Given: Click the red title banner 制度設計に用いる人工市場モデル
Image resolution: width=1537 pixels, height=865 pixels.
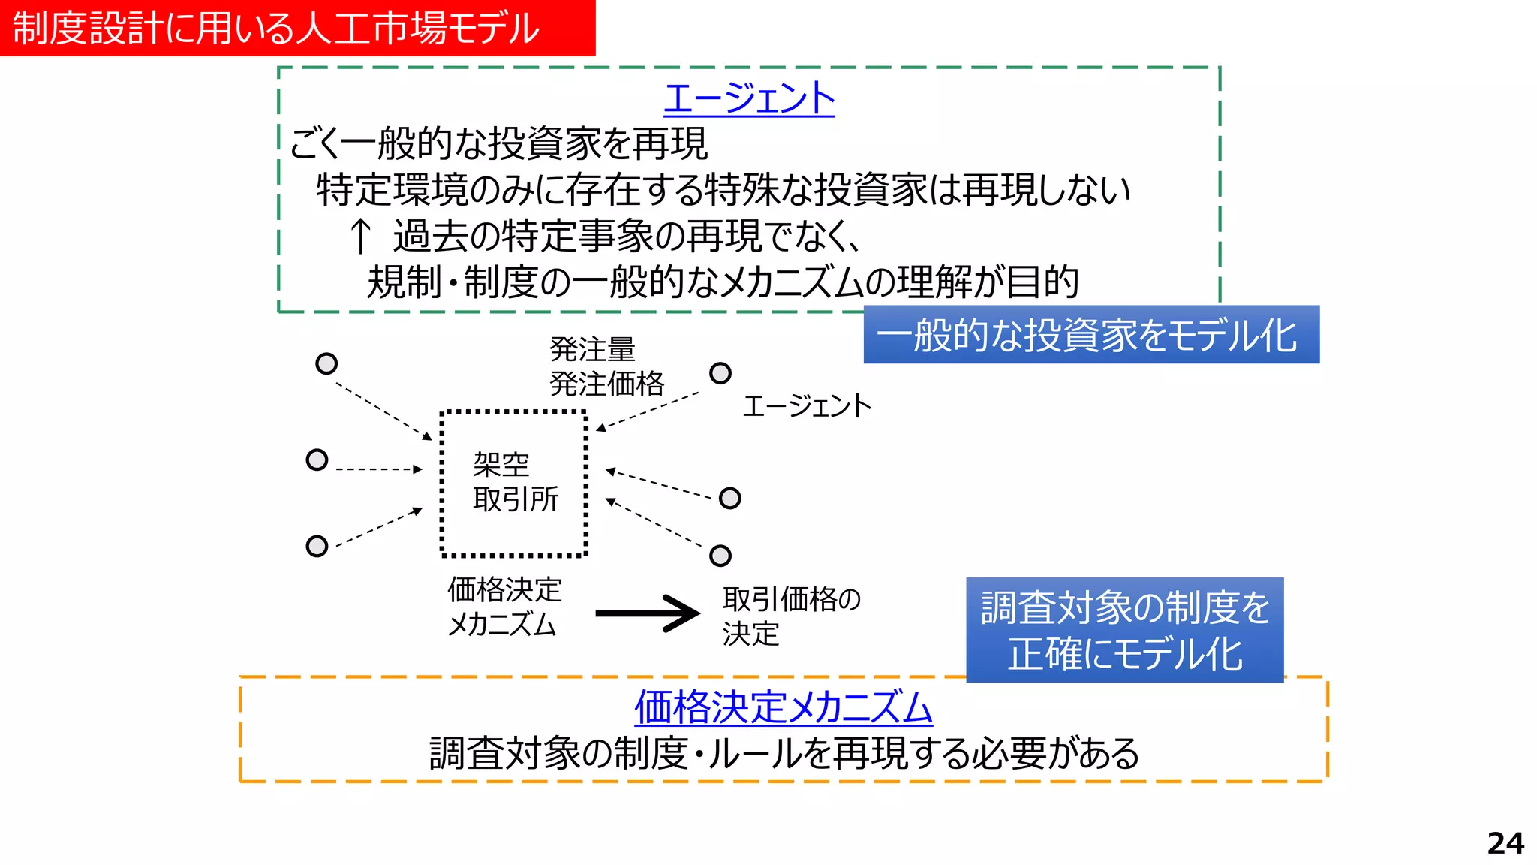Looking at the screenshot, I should pos(297,28).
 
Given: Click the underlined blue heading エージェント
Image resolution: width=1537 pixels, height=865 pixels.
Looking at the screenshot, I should pos(748,98).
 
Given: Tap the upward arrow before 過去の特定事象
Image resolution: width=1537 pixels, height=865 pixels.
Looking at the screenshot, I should pos(361,236).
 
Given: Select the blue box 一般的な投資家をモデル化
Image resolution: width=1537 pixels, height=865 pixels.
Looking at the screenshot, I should pos(1090,335).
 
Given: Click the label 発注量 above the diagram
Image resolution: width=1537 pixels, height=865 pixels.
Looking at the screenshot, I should pos(592,349).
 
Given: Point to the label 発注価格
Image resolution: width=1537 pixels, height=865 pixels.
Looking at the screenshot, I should pos(606,384).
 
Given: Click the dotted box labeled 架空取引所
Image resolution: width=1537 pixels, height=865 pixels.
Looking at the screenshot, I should pos(514,483).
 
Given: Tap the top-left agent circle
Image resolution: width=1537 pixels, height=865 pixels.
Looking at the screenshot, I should pos(326,364).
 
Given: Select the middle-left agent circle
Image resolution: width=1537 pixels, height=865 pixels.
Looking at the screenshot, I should pos(317,460).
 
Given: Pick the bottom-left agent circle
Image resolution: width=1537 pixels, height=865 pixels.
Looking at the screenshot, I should pos(317,546).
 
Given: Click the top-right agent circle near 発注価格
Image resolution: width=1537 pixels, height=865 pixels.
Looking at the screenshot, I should pos(720,373).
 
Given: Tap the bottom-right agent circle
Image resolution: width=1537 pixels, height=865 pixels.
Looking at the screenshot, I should pos(720,556).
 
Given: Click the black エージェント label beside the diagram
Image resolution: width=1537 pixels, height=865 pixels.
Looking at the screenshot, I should pos(807,406).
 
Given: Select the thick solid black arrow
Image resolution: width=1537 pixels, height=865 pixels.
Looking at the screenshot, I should pos(647,613).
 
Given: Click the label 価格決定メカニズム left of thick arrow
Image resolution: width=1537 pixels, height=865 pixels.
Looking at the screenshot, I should pos(504,607).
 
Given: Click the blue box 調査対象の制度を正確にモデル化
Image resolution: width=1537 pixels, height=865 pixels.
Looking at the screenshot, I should pos(1124,630).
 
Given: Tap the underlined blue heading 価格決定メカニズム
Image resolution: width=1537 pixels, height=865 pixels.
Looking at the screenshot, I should pos(783,707).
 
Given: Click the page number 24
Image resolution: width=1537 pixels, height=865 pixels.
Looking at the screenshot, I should pos(1505,843).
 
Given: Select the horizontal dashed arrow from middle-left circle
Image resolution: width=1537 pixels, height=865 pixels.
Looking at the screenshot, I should pos(379,469).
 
